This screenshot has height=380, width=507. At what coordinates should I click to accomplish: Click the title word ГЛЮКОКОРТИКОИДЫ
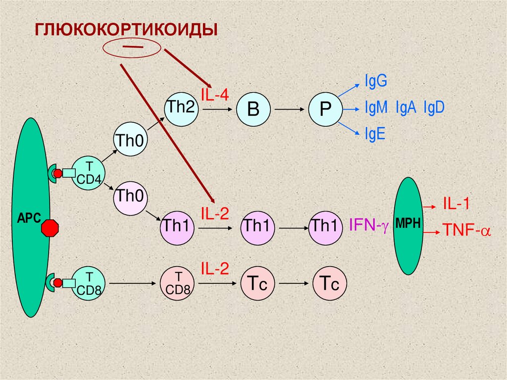click(x=126, y=29)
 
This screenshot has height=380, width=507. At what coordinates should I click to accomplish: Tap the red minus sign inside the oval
click(x=132, y=47)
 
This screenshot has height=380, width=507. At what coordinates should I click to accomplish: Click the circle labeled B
click(x=253, y=109)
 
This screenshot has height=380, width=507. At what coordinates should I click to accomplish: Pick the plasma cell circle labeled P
click(x=325, y=109)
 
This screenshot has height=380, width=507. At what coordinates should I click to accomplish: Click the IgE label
click(x=375, y=135)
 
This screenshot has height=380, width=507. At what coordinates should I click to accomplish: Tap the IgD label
click(x=434, y=108)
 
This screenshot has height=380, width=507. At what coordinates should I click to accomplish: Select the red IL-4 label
click(x=214, y=94)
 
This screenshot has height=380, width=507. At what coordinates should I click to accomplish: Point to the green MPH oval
click(x=408, y=226)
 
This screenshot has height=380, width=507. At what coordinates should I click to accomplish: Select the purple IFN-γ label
click(x=369, y=225)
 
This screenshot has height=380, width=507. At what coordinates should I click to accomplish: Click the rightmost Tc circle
click(x=329, y=284)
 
